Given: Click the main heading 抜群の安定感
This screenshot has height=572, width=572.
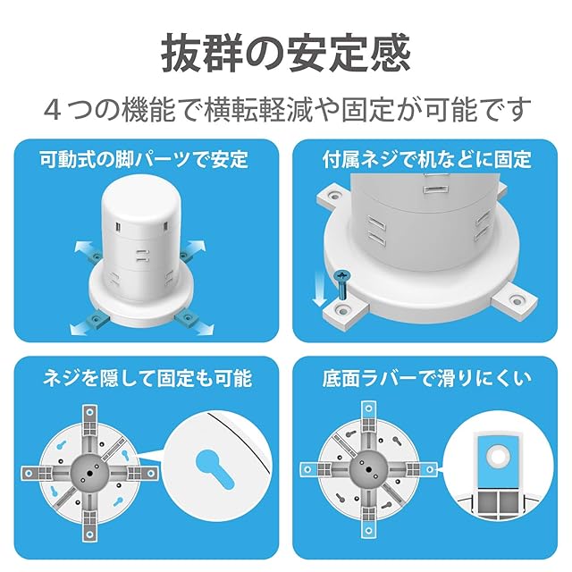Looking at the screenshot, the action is (286, 52).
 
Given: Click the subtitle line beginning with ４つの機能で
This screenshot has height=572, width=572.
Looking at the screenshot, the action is (287, 109).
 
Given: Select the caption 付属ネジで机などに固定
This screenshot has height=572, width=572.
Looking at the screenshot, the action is (427, 160).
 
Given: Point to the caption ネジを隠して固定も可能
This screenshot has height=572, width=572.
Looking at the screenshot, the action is (147, 378).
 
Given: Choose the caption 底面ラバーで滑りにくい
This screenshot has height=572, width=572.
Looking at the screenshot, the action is (427, 378).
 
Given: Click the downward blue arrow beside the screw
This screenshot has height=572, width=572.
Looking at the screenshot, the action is (320, 288).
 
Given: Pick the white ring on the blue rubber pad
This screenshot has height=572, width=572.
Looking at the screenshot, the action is (497, 455).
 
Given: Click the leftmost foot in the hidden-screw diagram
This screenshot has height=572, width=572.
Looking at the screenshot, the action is (37, 473).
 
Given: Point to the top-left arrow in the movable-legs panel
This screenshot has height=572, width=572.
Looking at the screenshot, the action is (84, 248).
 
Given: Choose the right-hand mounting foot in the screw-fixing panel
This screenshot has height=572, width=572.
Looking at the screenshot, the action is (515, 300).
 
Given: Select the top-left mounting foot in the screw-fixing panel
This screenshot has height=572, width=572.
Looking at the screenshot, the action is (333, 196).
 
